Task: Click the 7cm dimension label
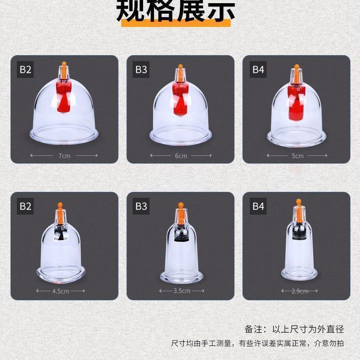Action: point(64,156)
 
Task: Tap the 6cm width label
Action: point(181,156)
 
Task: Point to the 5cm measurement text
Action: point(298,156)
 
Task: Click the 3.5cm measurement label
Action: point(181,291)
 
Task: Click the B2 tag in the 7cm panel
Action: point(25,70)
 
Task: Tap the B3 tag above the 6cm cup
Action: point(141,70)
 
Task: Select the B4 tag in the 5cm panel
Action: point(258,70)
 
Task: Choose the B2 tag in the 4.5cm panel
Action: point(25,206)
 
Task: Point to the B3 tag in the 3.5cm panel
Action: point(141,206)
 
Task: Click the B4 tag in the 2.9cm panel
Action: point(258,206)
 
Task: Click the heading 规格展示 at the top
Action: point(176,11)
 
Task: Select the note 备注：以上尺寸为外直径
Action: point(294,329)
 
